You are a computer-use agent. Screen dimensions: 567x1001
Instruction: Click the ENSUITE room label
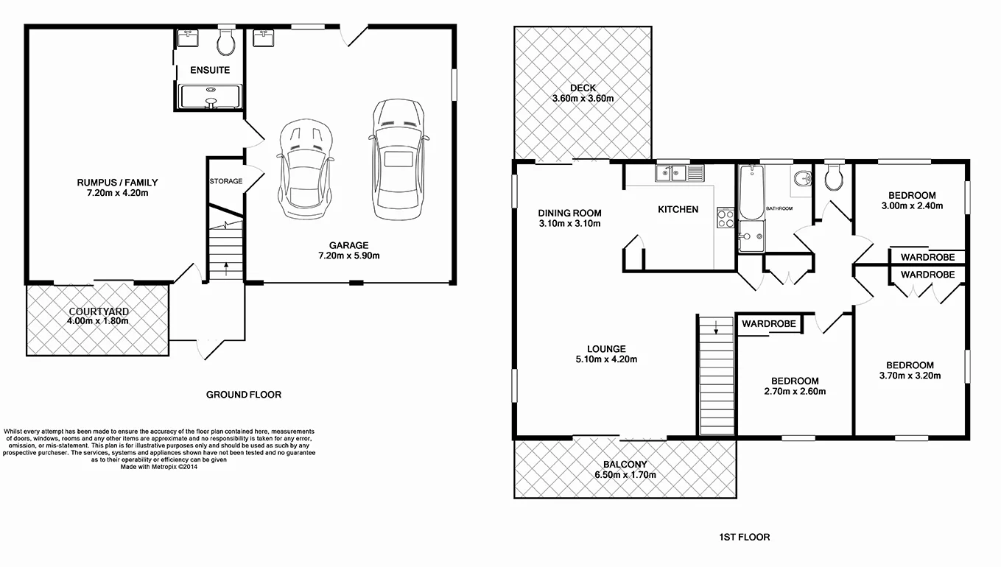point(210,71)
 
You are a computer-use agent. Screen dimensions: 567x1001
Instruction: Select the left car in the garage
point(305,169)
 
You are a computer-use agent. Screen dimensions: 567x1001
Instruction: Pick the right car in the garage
point(398,160)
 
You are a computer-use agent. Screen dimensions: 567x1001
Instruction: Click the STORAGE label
point(225,181)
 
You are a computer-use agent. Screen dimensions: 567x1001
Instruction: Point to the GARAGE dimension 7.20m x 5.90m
point(349,256)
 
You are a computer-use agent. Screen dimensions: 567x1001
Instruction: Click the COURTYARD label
point(98,311)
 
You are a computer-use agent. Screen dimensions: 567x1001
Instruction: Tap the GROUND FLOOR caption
point(243,395)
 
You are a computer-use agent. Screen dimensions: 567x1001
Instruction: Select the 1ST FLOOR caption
point(744,538)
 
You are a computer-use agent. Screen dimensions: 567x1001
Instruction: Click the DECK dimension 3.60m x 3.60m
point(583,99)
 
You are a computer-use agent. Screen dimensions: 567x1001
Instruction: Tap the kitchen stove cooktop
point(725,217)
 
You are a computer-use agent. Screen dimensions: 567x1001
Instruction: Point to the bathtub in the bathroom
point(751,193)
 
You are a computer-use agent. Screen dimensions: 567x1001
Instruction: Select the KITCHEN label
point(678,210)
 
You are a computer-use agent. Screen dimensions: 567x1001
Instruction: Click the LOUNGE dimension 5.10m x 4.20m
point(606,360)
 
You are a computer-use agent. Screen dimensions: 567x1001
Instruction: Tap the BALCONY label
point(625,465)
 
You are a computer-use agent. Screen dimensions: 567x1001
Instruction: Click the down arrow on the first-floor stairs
point(715,329)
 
